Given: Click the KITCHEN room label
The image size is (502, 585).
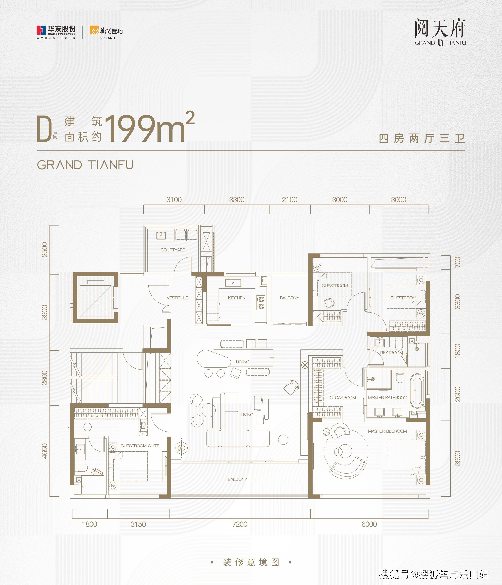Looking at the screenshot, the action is pos(237,298).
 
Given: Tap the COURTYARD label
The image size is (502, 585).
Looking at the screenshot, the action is pos(173,250).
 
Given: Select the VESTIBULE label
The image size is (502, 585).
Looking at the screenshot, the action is pos(177,298).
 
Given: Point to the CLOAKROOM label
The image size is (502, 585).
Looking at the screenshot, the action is pos(343,398).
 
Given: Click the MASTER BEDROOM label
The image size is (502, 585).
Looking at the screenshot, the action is pos(387,431).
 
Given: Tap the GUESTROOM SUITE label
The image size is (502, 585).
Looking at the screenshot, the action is pos(140,446).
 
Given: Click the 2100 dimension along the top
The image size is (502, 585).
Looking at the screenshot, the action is pos(289,200).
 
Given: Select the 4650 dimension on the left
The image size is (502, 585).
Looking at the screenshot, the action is pos(45,451).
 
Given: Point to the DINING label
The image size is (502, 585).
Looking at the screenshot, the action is pos(242,362).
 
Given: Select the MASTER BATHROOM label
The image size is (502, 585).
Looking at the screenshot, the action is pos(388,398).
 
